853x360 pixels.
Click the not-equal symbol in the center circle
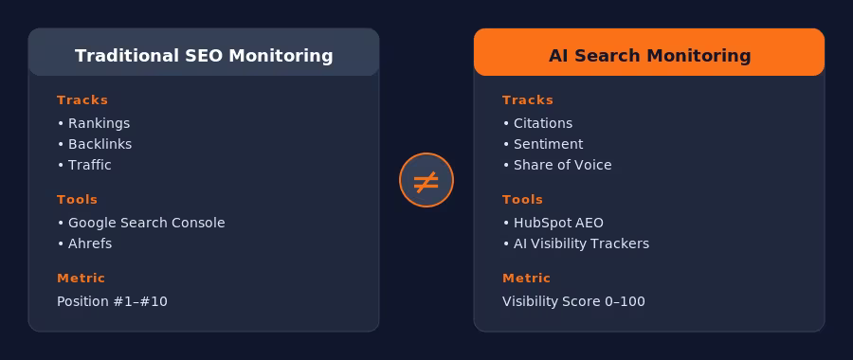click(426, 180)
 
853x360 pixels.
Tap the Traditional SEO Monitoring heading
click(204, 56)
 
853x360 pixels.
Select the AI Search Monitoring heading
click(649, 56)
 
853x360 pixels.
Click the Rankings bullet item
click(99, 123)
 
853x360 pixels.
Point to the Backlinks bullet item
click(100, 144)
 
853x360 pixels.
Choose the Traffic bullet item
click(89, 165)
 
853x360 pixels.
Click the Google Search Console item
click(146, 223)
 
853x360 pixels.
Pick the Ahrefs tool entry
click(89, 243)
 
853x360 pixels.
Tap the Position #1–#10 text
click(112, 301)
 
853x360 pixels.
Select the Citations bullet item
click(542, 123)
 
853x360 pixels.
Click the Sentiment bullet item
click(548, 144)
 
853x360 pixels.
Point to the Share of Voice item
click(562, 165)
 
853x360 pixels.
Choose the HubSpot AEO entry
click(558, 223)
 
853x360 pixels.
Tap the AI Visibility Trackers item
click(581, 243)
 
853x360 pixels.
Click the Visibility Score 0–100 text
click(573, 301)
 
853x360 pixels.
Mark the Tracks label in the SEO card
click(82, 100)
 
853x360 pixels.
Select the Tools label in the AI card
click(522, 200)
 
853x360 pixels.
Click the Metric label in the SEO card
click(81, 279)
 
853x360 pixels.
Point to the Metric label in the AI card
click(526, 279)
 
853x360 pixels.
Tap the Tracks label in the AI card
click(528, 100)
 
